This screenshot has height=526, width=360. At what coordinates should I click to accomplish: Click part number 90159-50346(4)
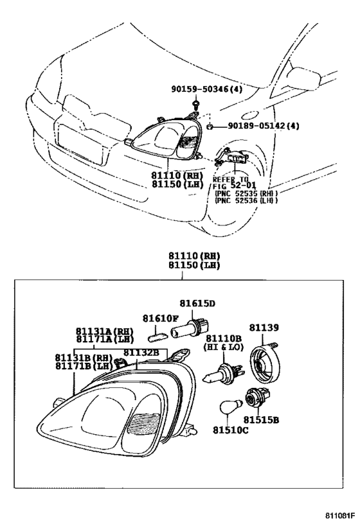[x=206, y=89]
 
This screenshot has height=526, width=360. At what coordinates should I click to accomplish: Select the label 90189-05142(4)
[x=264, y=126]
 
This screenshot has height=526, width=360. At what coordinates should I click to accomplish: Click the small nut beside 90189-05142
[x=210, y=127]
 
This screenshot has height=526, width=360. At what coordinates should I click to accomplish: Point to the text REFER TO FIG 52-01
[x=234, y=182]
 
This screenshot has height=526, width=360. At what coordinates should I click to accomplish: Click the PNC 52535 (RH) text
[x=246, y=193]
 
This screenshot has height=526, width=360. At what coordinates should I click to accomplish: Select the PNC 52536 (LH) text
[x=246, y=200]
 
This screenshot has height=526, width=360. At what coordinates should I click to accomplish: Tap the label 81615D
[x=197, y=303]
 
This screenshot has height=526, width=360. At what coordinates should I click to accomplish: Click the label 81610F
[x=160, y=318]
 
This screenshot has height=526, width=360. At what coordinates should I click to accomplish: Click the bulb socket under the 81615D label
[x=192, y=328]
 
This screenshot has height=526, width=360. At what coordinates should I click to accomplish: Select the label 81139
[x=264, y=328]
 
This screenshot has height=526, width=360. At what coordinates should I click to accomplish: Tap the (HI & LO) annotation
[x=224, y=347]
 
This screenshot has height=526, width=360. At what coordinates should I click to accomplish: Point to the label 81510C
[x=230, y=430]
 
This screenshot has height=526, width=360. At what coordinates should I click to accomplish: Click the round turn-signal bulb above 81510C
[x=231, y=407]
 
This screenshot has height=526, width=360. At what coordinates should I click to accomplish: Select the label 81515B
[x=261, y=419]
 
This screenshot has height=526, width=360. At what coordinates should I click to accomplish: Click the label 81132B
[x=141, y=352]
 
